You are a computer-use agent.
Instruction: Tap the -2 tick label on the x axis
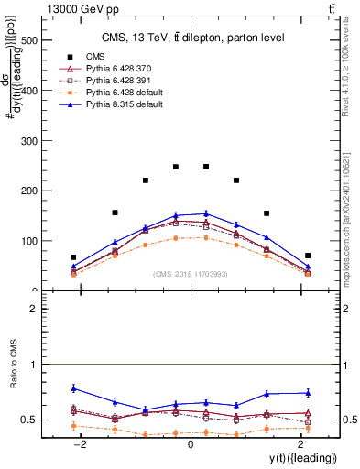[x=82, y=444]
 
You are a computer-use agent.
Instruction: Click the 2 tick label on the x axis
[x=300, y=444]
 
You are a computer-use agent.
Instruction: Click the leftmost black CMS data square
[x=73, y=257]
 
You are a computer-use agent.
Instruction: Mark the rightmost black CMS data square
[x=308, y=256]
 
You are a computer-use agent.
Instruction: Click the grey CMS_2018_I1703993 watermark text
[x=190, y=273]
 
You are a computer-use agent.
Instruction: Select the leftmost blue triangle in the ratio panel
[x=73, y=388]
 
